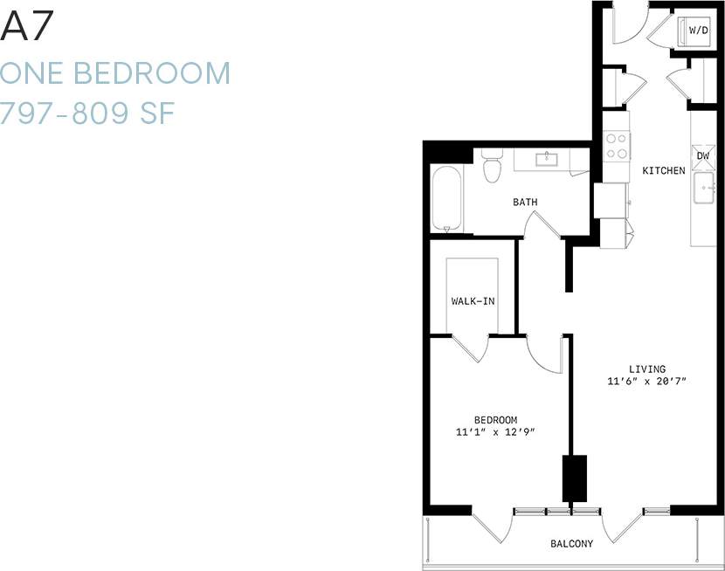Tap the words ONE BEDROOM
pos(115,73)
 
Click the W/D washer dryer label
pos(699,31)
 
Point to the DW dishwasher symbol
pos(703,157)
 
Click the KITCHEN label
pos(664,171)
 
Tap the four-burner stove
pos(617,146)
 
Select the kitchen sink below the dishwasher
pos(704,188)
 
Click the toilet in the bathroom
pos(492,165)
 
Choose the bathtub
pos(445,199)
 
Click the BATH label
pos(525,203)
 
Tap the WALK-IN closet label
pos(473,301)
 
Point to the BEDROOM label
pos(495,419)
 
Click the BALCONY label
pos(572,544)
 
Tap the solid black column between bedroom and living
pos(574,478)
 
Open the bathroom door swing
pos(543,225)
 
